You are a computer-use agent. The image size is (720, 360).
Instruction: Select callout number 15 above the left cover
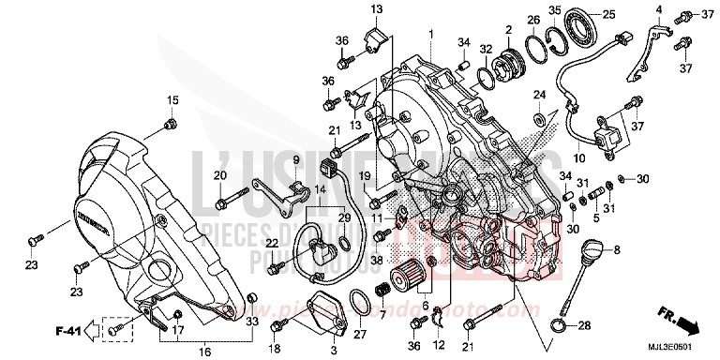[172, 100]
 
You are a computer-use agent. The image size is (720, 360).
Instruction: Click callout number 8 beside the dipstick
[618, 250]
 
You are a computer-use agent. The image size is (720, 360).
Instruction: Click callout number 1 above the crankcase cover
[431, 34]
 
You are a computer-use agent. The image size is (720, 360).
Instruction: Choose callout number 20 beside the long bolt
[193, 175]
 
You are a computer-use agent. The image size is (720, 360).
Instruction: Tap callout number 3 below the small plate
[331, 351]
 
